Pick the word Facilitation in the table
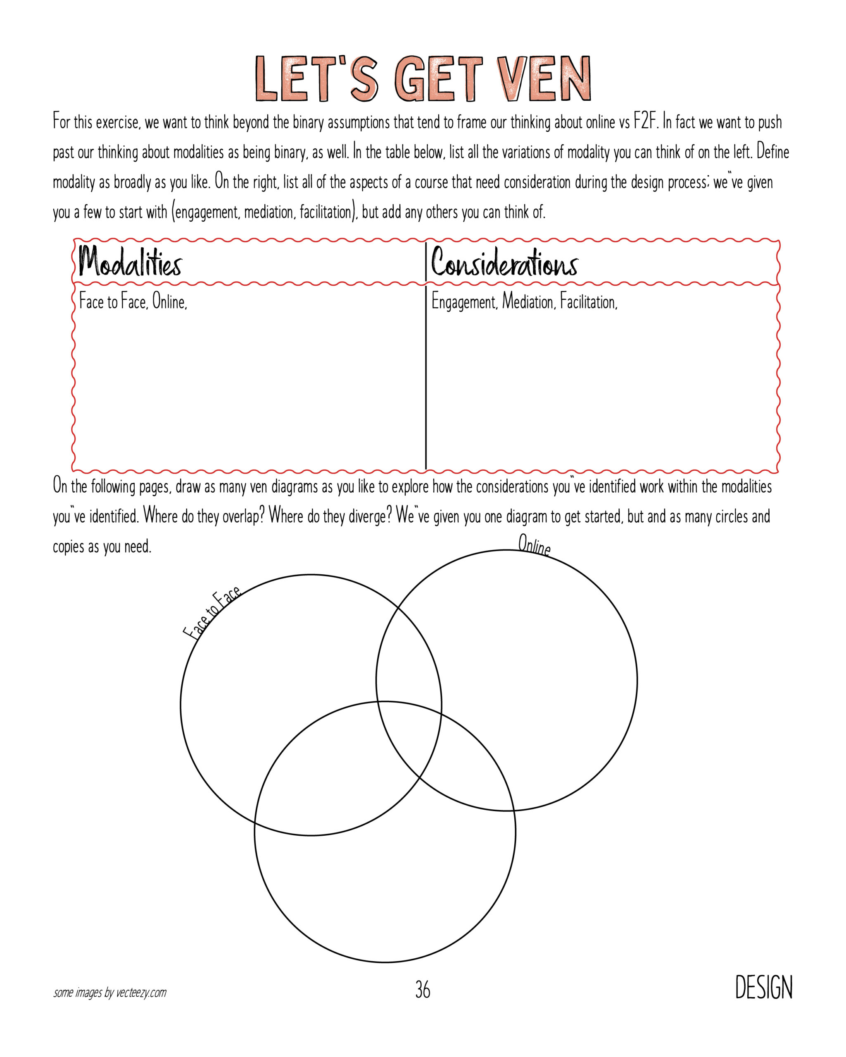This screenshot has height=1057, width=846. [x=589, y=303]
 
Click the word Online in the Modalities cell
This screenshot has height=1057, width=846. [x=170, y=302]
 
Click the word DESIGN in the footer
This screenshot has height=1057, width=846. [x=764, y=988]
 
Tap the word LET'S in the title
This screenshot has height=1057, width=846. [x=316, y=79]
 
